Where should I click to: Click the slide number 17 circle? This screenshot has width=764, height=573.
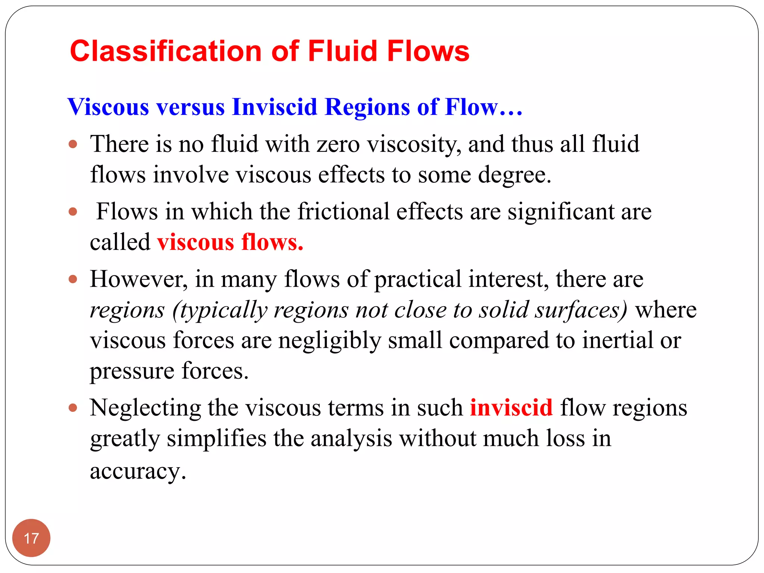pyautogui.click(x=31, y=538)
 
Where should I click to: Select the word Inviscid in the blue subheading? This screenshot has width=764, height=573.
pyautogui.click(x=274, y=107)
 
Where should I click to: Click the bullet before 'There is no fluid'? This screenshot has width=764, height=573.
pyautogui.click(x=73, y=144)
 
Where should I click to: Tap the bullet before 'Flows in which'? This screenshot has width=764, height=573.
pyautogui.click(x=73, y=212)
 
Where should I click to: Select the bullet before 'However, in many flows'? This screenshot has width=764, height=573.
pyautogui.click(x=73, y=279)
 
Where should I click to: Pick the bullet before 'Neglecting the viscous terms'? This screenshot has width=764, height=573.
pyautogui.click(x=73, y=408)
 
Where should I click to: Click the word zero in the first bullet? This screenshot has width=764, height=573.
pyautogui.click(x=338, y=144)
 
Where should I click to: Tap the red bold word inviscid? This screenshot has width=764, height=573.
pyautogui.click(x=511, y=407)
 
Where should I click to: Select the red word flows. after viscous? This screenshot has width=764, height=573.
pyautogui.click(x=272, y=242)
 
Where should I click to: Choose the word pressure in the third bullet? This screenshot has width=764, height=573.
pyautogui.click(x=132, y=371)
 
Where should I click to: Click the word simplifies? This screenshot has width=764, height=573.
pyautogui.click(x=216, y=438)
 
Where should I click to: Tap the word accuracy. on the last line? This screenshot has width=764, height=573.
pyautogui.click(x=138, y=471)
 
